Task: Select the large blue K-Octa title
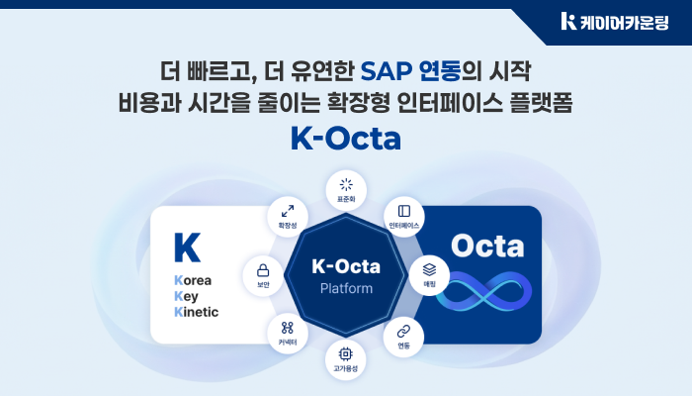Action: [345, 138]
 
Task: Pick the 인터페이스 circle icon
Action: [403, 217]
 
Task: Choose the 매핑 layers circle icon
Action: [429, 273]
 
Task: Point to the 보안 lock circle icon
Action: [263, 274]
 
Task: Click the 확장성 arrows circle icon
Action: [288, 217]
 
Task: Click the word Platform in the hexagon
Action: [346, 289]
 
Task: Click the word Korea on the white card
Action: [193, 280]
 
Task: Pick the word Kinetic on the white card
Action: [196, 312]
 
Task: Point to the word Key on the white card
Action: [187, 296]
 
